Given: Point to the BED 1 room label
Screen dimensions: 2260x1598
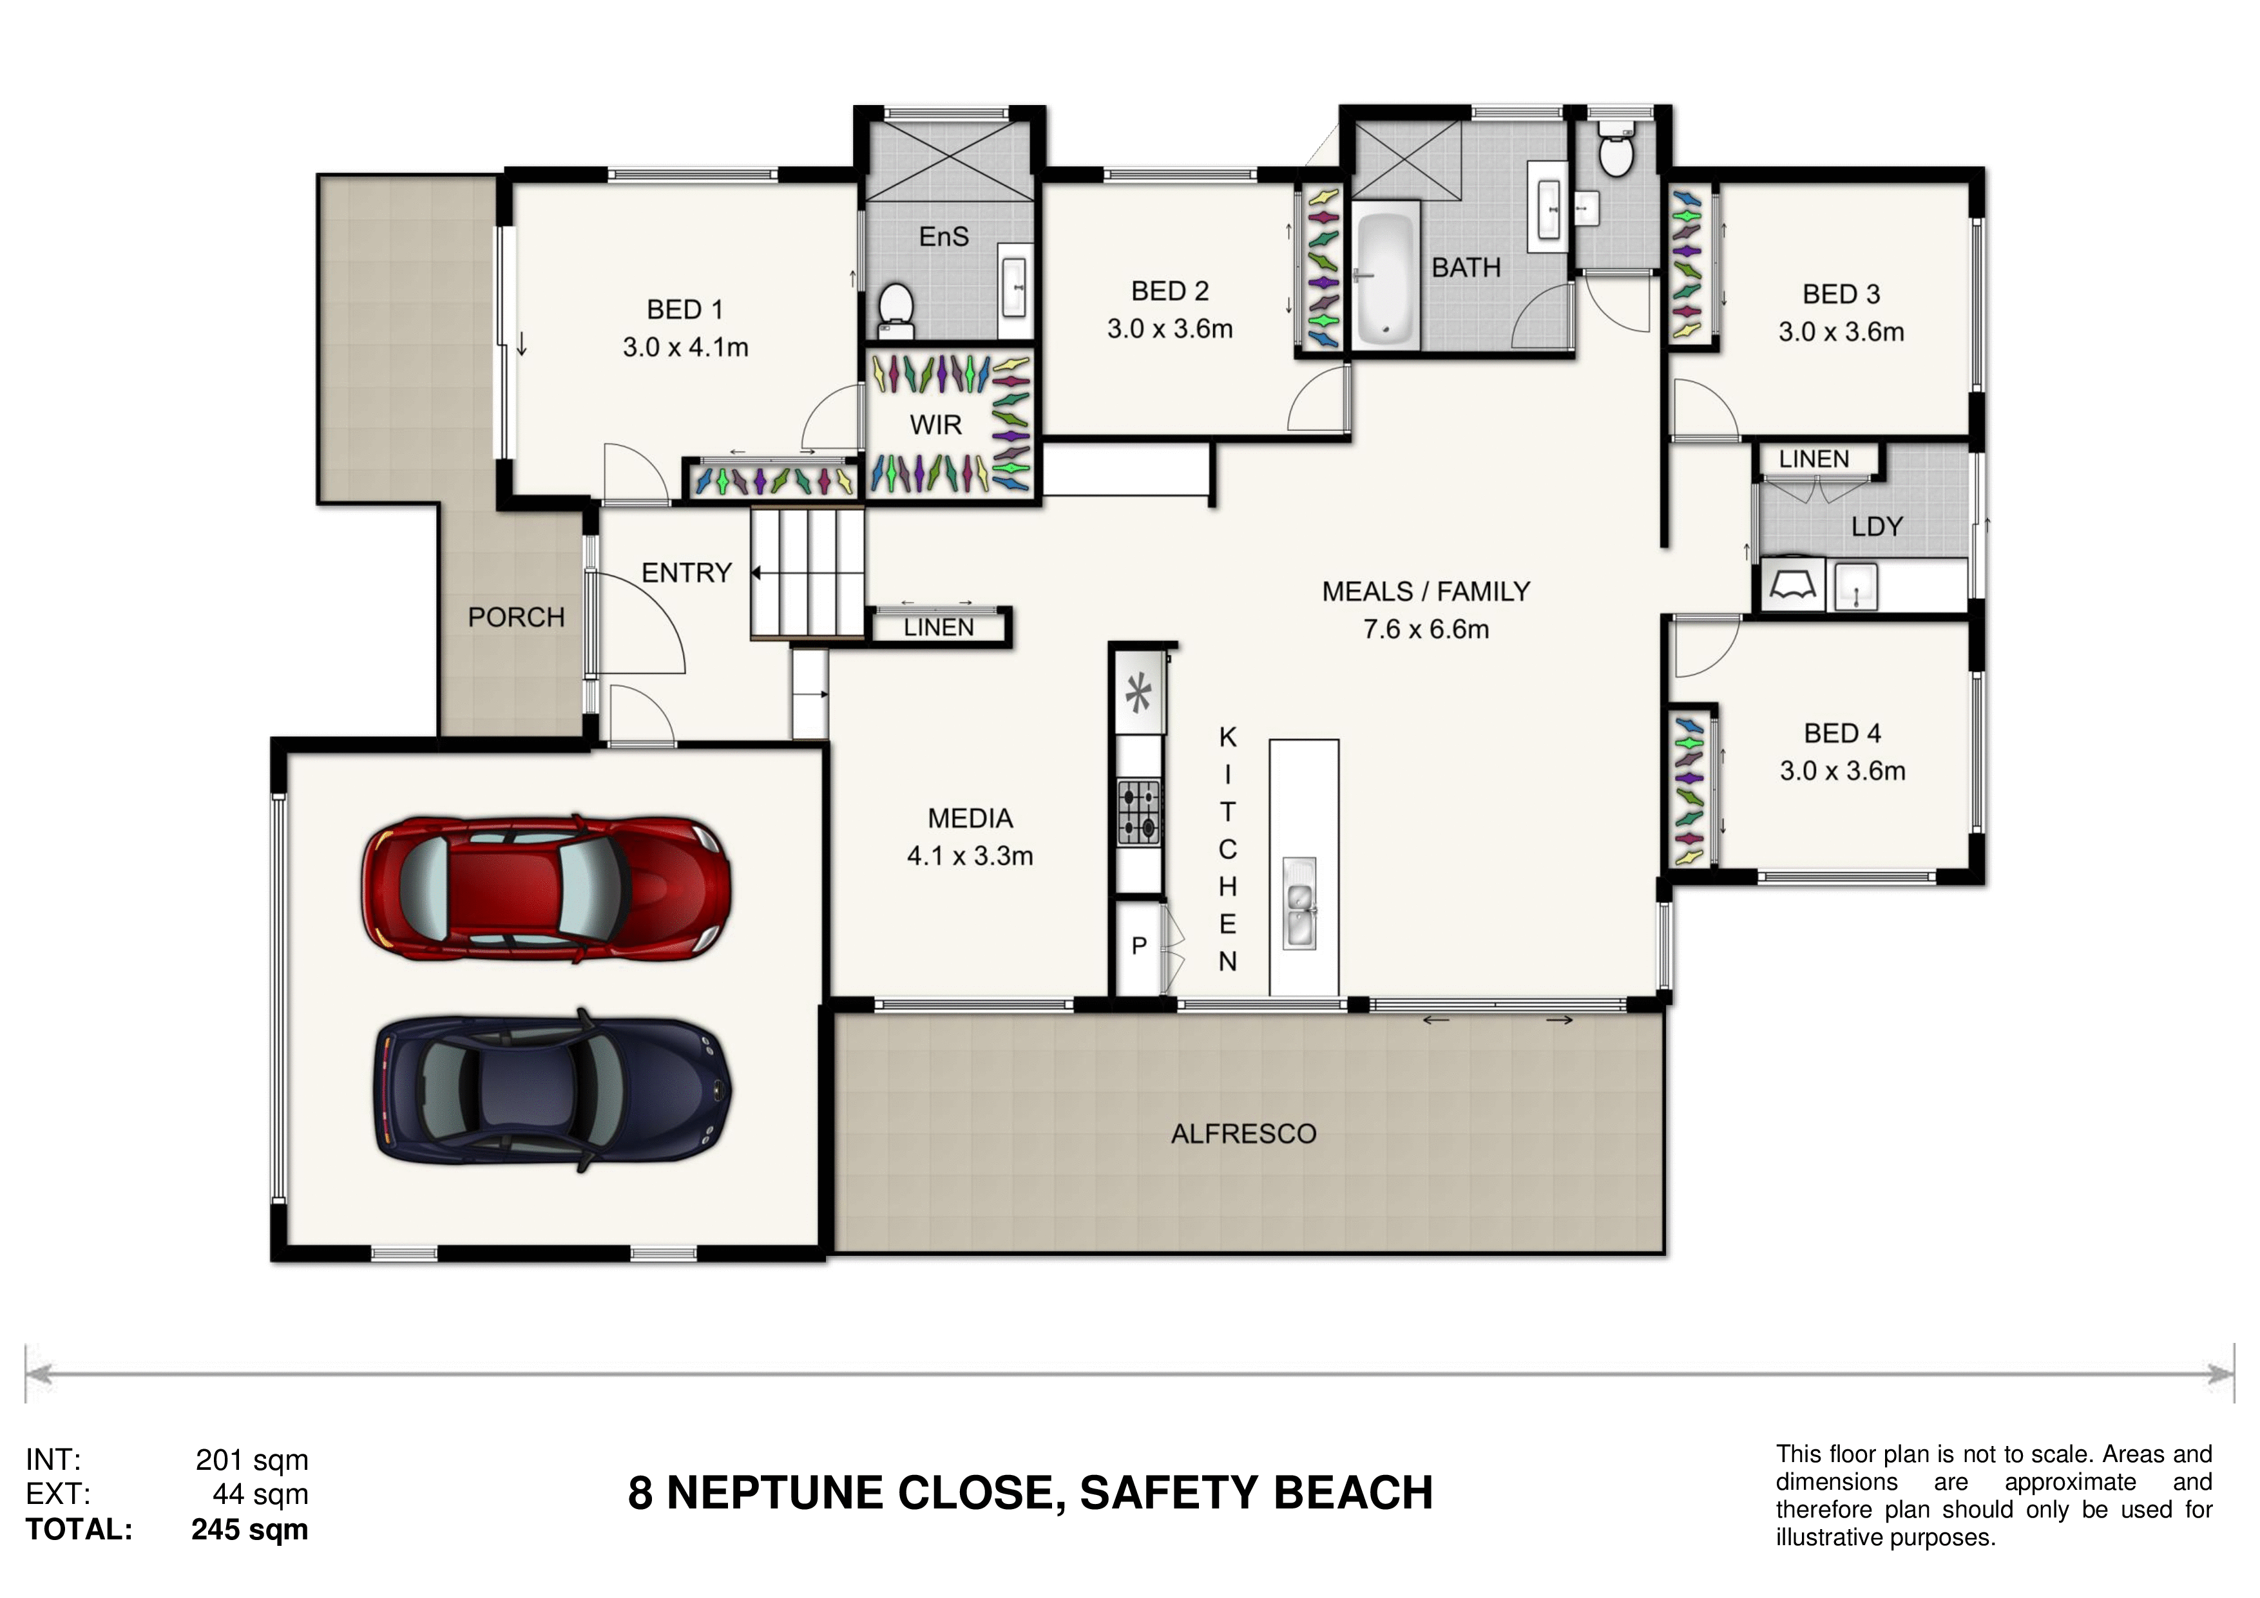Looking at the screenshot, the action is [685, 310].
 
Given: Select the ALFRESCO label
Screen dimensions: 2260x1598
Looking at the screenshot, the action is [1243, 1134].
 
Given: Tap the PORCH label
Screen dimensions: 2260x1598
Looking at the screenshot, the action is [517, 617].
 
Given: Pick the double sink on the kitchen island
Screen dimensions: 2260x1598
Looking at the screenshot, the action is [1299, 903].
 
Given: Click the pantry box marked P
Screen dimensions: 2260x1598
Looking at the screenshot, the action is [1140, 947].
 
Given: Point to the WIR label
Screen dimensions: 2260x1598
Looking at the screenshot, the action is [935, 425].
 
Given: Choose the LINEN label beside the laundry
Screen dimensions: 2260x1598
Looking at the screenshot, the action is [1813, 459].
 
